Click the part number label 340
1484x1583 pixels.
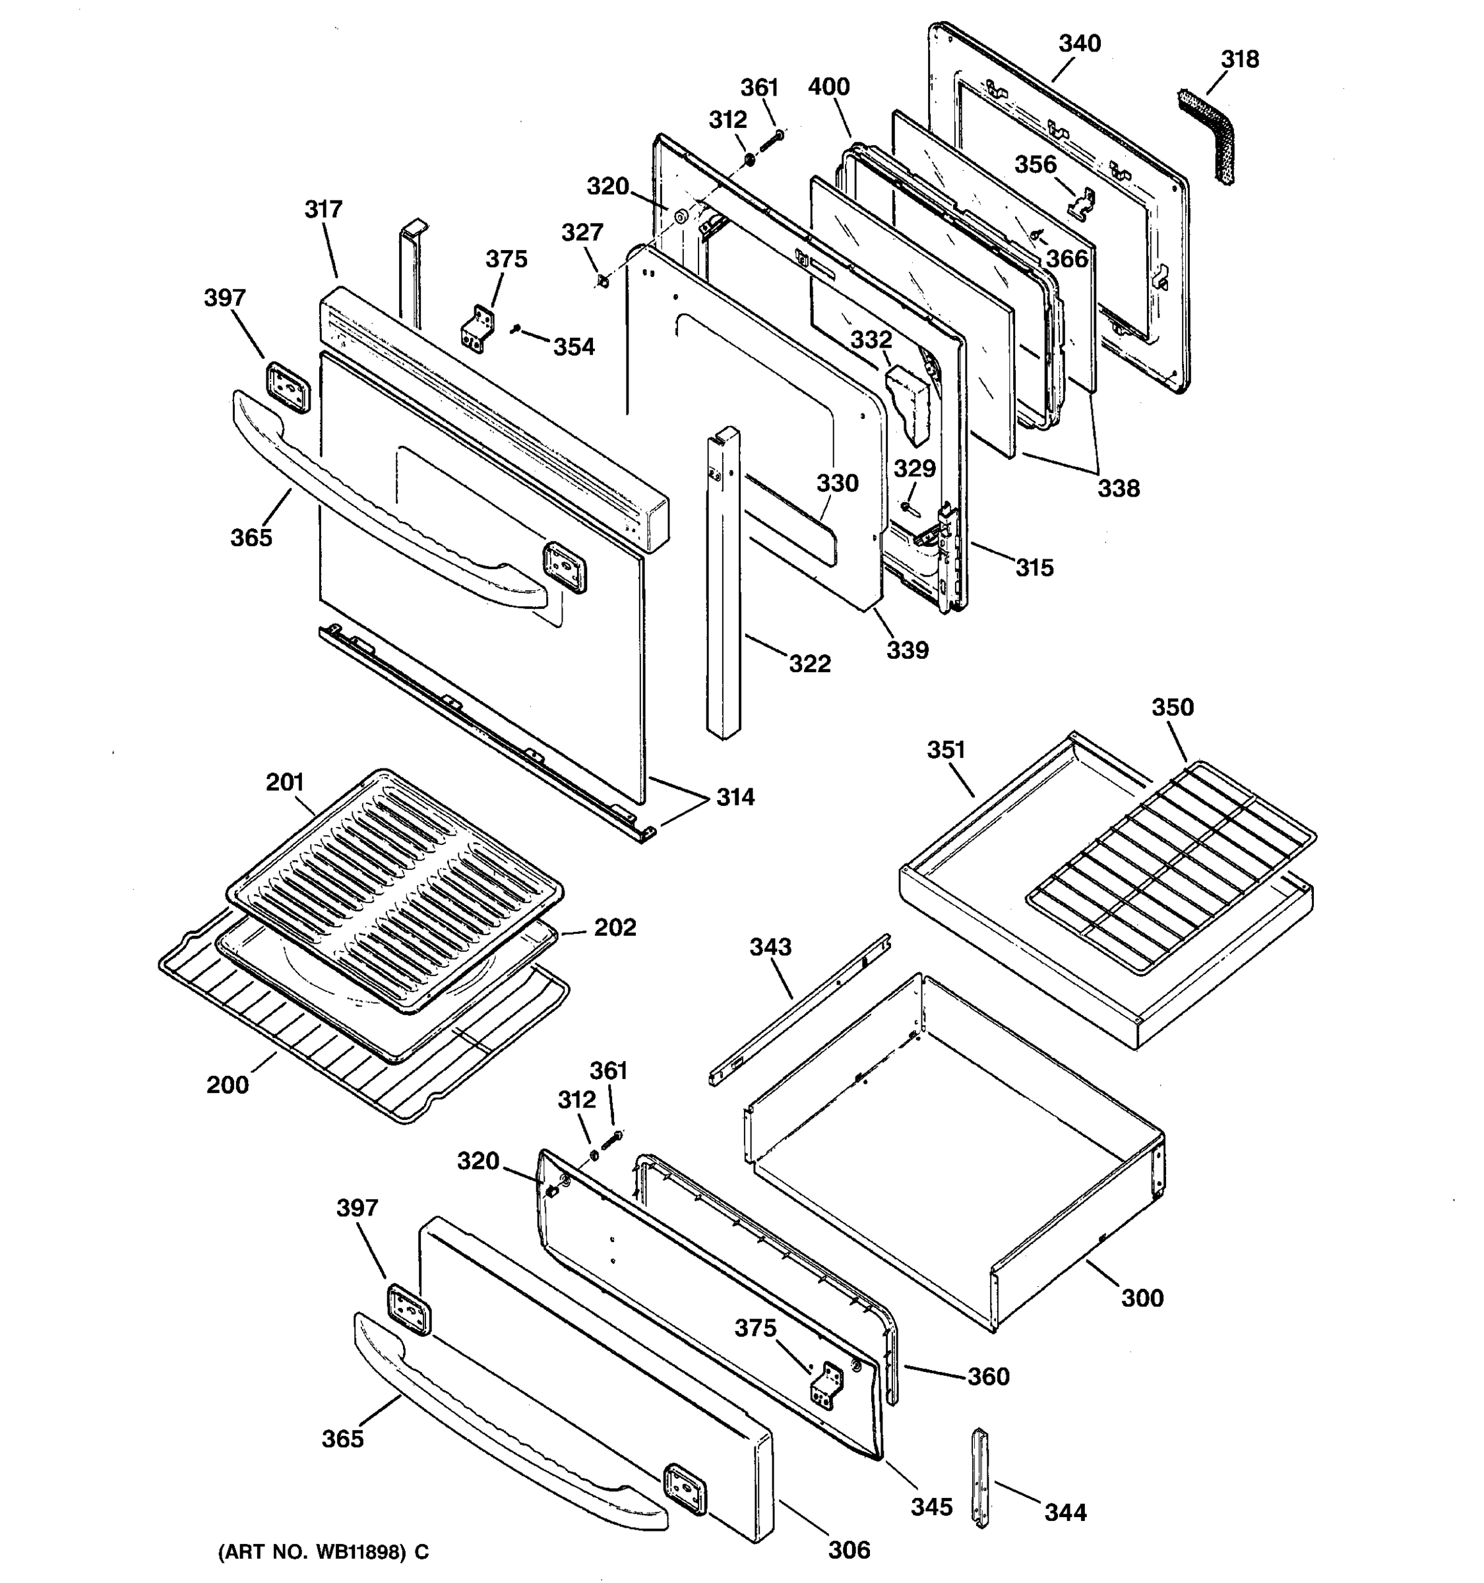tap(1079, 43)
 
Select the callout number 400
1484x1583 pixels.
tap(829, 87)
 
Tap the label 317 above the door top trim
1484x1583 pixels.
tap(323, 210)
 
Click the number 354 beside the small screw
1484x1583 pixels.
tap(574, 346)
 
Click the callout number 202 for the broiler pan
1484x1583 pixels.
tap(615, 927)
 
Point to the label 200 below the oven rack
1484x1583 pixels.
tap(228, 1084)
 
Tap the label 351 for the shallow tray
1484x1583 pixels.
tap(946, 749)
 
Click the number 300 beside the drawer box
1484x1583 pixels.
tap(1142, 1298)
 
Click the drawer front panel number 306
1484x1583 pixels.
tap(849, 1549)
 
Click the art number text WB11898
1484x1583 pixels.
tap(323, 1552)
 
